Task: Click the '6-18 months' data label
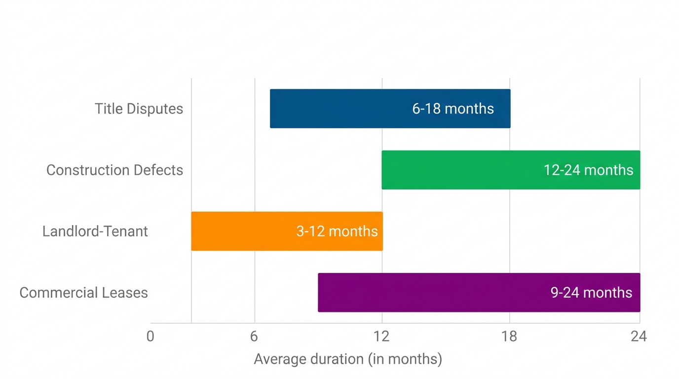pos(453,109)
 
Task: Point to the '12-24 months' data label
pos(588,170)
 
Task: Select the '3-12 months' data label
pos(337,231)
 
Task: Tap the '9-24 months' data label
pos(591,293)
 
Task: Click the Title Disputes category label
pos(139,109)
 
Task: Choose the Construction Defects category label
pos(114,170)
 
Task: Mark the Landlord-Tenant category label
pos(95,231)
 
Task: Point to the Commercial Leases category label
pos(83,293)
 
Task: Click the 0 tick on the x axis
pos(151,337)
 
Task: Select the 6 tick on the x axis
pos(254,337)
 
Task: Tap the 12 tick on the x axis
pos(381,337)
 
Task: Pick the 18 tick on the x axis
pos(509,337)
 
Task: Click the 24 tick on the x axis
pos(639,337)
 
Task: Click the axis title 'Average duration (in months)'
pos(348,359)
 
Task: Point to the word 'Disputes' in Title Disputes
pos(154,109)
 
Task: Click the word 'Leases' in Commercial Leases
pos(125,293)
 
